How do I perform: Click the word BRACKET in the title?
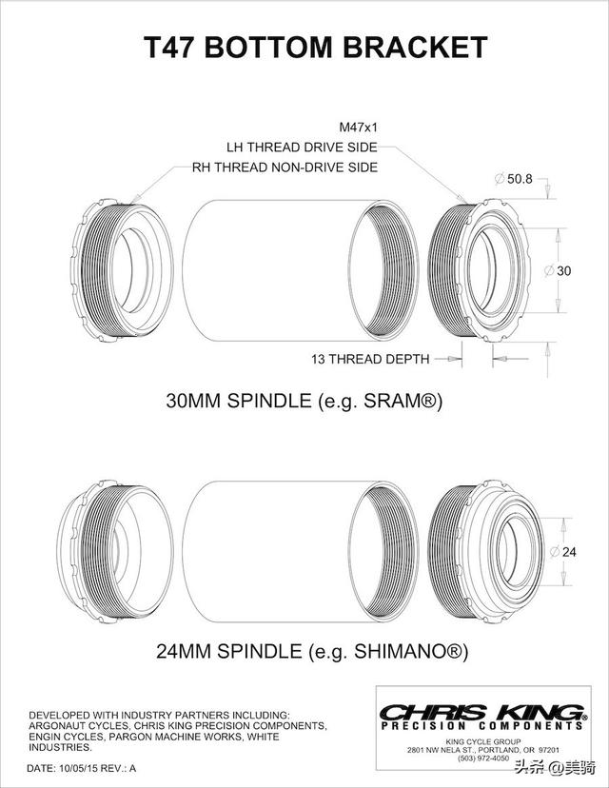[x=415, y=48]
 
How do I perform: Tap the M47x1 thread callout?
[x=359, y=128]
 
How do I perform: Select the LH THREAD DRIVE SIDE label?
[x=302, y=148]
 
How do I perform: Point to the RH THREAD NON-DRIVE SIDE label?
[x=285, y=167]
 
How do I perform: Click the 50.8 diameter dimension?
[x=514, y=178]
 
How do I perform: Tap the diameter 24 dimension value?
[x=563, y=552]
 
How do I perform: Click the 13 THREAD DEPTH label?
[x=370, y=359]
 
